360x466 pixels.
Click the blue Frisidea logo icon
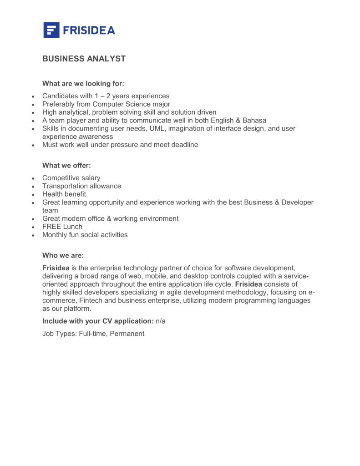pos(51,30)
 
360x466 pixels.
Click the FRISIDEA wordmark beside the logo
pos(89,30)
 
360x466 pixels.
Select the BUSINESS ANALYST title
pos(84,59)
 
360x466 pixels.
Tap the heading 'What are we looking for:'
pos(83,84)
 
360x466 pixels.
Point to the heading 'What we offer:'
pos(66,166)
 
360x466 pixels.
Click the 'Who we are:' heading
pos(63,256)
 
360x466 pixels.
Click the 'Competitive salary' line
pos(71,178)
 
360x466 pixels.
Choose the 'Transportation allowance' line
pos(81,186)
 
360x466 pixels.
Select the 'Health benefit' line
pos(64,194)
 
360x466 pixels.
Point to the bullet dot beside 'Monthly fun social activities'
pos(33,236)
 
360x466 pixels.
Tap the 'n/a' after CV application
pos(161,321)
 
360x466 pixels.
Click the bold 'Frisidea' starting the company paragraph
pos(56,268)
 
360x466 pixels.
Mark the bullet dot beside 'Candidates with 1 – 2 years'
pos(33,97)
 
